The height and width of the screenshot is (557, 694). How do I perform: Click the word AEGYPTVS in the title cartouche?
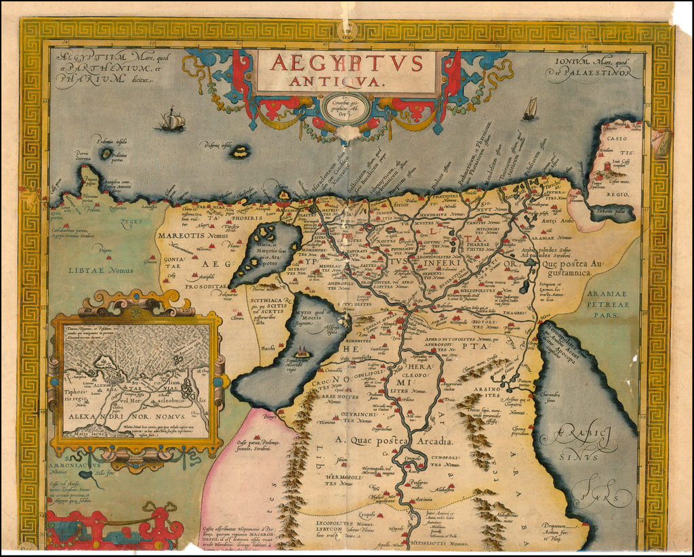[346, 62]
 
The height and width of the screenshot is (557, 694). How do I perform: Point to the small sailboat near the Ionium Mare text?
[530, 108]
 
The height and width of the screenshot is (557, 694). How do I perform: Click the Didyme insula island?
[239, 151]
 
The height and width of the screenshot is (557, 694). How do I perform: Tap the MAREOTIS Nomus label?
[193, 235]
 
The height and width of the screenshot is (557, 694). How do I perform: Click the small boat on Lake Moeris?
[302, 352]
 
